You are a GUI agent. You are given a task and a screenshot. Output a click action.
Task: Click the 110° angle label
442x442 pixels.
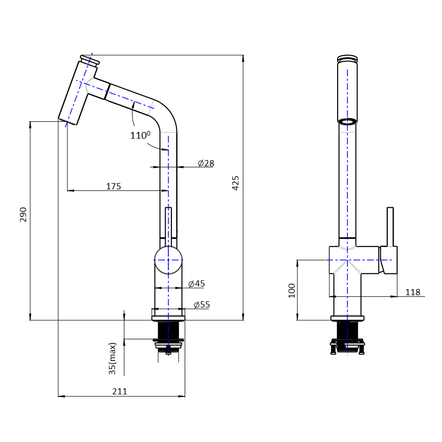(x=140, y=135)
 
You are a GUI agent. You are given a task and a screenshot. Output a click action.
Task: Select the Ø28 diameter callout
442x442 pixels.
(x=206, y=163)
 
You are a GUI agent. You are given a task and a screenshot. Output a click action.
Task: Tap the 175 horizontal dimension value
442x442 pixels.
(x=114, y=186)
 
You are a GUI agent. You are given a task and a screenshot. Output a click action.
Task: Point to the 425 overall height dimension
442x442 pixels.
(x=235, y=183)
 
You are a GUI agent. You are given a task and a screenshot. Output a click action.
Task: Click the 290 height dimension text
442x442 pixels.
(x=23, y=214)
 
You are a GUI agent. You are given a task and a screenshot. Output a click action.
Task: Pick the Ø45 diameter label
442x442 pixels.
(x=196, y=283)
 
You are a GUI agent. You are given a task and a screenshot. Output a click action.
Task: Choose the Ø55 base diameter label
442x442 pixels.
(x=202, y=305)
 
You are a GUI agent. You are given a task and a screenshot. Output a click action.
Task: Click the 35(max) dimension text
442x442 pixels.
(x=112, y=359)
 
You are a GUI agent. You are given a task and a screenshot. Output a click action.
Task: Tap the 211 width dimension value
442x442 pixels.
(x=120, y=391)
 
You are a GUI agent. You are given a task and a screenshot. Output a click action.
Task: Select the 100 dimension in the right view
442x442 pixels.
(x=292, y=291)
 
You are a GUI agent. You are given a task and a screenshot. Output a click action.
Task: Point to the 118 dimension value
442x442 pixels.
(x=413, y=292)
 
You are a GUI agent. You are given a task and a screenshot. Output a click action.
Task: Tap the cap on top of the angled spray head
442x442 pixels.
(x=90, y=60)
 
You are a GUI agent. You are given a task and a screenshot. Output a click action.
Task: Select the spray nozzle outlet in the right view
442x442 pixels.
(x=347, y=121)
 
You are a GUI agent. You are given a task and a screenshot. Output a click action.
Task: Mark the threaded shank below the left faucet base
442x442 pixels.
(x=168, y=330)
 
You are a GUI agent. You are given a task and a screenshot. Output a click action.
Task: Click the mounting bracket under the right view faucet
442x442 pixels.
(x=347, y=346)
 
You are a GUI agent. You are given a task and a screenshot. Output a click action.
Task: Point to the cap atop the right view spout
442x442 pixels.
(x=347, y=59)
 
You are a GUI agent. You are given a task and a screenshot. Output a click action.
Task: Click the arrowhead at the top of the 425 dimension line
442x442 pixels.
(x=243, y=58)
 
